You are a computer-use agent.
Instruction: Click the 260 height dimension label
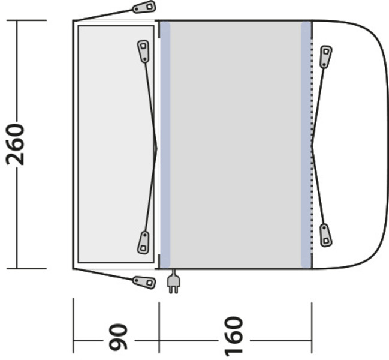tap(16, 145)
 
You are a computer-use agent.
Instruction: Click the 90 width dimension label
tap(118, 337)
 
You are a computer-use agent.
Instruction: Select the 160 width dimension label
tap(233, 336)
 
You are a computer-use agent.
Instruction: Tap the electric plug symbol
tap(174, 282)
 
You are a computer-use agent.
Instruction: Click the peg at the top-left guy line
tap(144, 7)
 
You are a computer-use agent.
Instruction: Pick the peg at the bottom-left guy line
tap(144, 283)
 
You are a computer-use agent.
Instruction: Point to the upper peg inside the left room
tap(143, 51)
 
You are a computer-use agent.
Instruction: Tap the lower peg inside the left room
tap(143, 242)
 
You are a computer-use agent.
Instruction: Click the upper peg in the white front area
tap(325, 56)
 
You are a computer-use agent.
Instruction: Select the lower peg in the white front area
tap(325, 235)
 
